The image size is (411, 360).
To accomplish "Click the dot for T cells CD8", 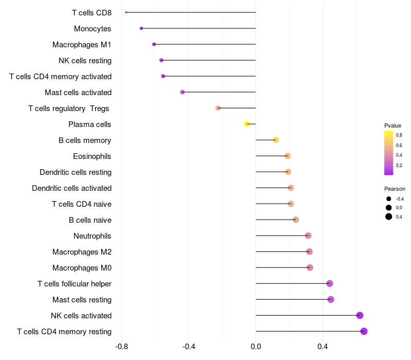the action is [x=126, y=12].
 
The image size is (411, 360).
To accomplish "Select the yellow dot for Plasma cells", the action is [x=247, y=124].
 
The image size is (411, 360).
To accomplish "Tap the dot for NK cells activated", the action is [x=360, y=315].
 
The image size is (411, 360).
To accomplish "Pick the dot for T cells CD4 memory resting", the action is [x=364, y=331].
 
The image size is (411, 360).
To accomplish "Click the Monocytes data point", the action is [x=141, y=28].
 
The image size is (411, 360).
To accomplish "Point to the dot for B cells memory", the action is [x=276, y=140].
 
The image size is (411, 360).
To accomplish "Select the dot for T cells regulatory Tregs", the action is [x=218, y=108].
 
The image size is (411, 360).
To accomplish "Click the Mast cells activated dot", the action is [x=182, y=92].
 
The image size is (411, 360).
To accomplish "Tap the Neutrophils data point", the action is [x=308, y=236].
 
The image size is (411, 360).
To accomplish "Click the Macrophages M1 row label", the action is [x=82, y=45].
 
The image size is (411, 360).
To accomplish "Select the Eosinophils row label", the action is [x=92, y=156].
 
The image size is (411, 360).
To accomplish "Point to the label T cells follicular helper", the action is [x=74, y=284].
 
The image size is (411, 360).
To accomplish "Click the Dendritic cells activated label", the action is [x=72, y=188].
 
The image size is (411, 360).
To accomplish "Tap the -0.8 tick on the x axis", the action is [x=122, y=347].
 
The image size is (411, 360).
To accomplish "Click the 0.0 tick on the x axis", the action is [x=256, y=347].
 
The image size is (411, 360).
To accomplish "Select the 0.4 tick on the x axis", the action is [x=323, y=347].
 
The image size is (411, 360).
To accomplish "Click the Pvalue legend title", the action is [x=393, y=125].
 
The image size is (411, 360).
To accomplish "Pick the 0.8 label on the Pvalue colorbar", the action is [x=399, y=135].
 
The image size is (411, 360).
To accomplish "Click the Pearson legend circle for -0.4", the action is [x=389, y=199].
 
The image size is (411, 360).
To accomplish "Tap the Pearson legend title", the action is [x=395, y=189].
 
